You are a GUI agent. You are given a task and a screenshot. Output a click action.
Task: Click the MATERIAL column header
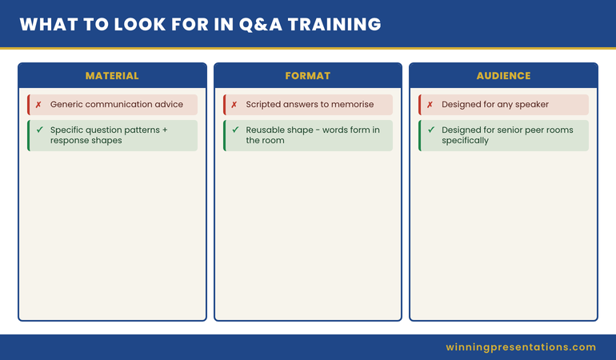[112, 76]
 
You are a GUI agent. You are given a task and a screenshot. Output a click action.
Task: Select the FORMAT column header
[308, 76]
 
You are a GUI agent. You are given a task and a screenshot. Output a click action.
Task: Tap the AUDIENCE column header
[504, 76]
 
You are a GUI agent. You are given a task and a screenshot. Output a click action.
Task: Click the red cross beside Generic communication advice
[38, 105]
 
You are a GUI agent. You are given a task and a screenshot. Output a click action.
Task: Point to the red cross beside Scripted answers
[234, 105]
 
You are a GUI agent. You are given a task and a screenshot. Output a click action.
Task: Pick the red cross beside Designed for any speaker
[430, 105]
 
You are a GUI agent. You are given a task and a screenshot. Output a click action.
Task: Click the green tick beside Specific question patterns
[39, 130]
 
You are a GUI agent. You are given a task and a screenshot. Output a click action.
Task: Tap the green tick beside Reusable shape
[235, 130]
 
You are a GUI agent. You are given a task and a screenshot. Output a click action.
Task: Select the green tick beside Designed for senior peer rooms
[431, 130]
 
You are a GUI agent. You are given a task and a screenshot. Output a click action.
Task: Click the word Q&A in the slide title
[261, 24]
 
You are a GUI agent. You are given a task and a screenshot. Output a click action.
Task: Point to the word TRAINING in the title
[334, 24]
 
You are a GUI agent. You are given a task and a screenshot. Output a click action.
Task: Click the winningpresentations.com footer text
[521, 347]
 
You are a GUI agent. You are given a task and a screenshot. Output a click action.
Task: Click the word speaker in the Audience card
[532, 105]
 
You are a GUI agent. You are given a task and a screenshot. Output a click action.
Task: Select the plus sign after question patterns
[165, 130]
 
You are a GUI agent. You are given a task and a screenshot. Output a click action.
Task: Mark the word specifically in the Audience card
[465, 141]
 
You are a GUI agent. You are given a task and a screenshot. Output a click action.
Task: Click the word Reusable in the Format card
[263, 130]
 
